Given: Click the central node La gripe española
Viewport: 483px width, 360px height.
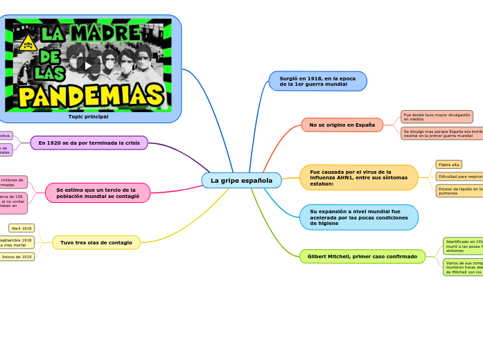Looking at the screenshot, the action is [241, 181].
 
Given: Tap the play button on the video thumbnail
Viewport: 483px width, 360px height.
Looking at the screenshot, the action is [88, 66].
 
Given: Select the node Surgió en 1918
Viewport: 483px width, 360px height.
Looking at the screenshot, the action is [317, 81].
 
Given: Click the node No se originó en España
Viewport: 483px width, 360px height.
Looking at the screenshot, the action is [342, 125].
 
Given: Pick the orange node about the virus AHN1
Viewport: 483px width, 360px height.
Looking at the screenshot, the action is [358, 177].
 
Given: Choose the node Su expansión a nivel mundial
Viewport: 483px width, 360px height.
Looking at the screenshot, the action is [358, 217].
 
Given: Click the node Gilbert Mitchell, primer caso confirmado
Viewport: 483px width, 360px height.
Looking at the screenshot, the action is [362, 256].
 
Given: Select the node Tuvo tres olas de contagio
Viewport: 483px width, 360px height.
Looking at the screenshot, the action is [96, 242].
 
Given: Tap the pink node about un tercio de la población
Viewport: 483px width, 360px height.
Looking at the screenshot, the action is [98, 193].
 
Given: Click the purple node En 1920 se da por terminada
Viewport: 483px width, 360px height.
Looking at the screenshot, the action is [89, 143].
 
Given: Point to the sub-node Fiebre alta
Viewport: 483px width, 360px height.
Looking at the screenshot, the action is [449, 165].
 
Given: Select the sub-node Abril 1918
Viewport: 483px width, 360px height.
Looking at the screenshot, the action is [21, 228].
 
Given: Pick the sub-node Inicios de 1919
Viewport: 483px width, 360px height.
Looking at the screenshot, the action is [17, 257].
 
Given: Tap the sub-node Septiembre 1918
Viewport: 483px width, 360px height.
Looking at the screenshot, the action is [16, 242].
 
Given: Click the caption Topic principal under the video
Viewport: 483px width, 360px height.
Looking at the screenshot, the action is [88, 116].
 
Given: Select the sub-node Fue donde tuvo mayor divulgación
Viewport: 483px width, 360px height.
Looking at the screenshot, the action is [437, 116].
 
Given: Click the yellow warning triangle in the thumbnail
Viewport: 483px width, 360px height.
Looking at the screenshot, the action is [28, 43].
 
